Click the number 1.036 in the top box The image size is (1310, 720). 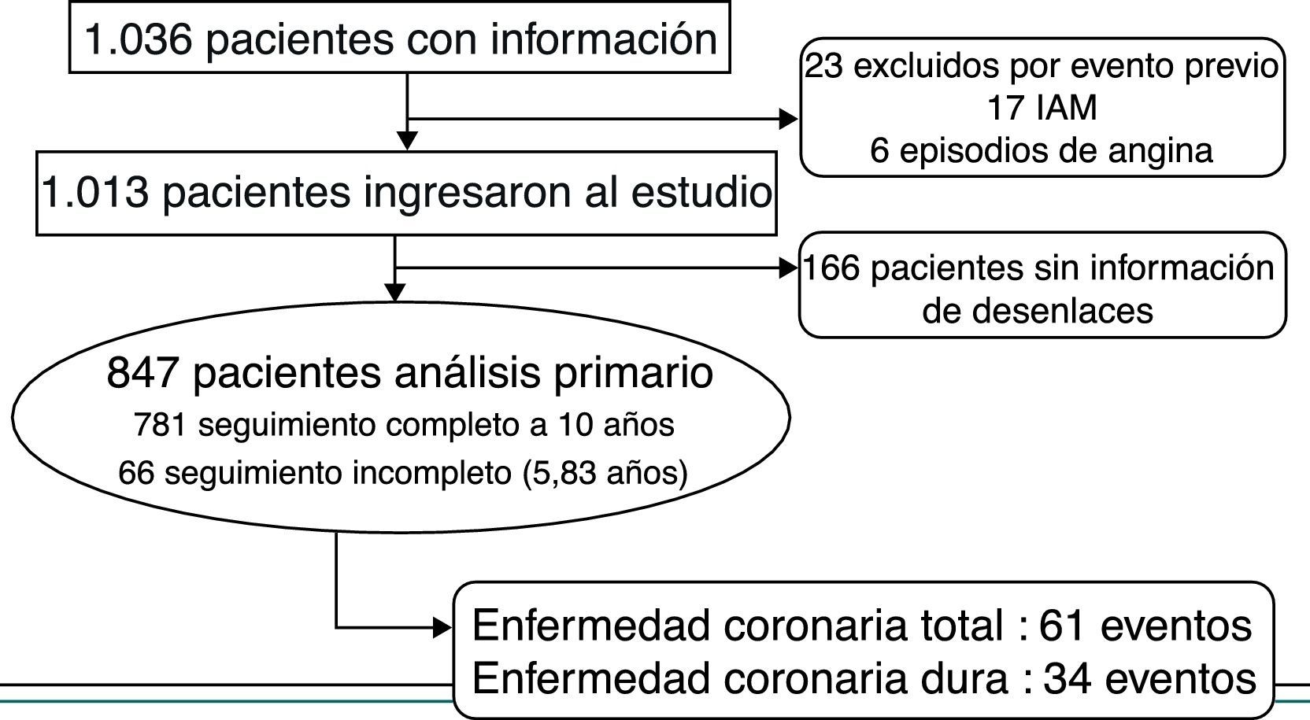[x=137, y=39]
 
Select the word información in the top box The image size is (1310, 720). [x=604, y=39]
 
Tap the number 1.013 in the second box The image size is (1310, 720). [x=94, y=193]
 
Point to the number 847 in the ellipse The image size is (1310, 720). [x=142, y=373]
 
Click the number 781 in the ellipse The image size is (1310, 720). [x=160, y=425]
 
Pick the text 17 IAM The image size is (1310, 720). [x=1042, y=108]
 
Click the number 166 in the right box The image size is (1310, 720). [x=831, y=269]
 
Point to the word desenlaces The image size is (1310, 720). [x=1038, y=311]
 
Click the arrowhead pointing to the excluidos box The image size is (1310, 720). [x=788, y=119]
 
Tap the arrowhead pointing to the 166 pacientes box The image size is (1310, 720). [x=788, y=268]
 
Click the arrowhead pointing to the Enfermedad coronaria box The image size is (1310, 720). [x=443, y=628]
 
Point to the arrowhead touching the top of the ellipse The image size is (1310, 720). [x=395, y=293]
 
